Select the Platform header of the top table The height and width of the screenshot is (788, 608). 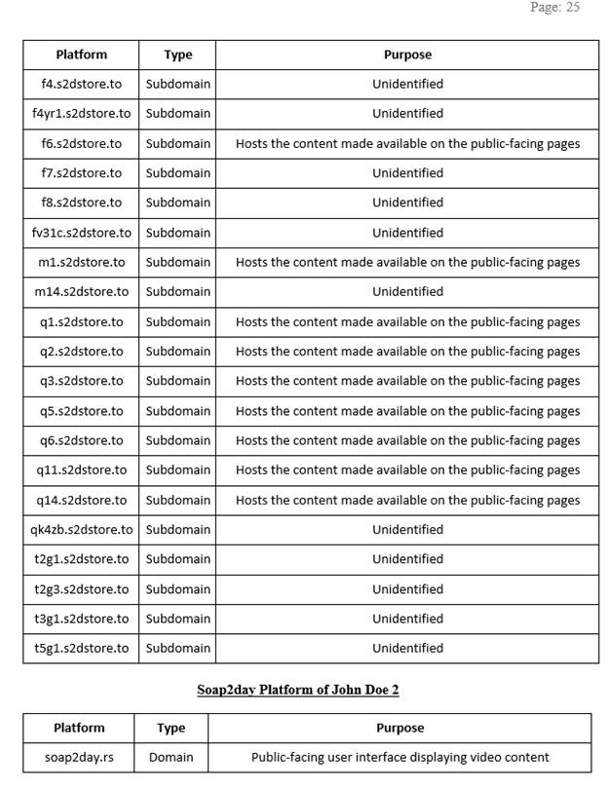pyautogui.click(x=81, y=55)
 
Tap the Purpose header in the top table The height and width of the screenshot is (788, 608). pyautogui.click(x=407, y=55)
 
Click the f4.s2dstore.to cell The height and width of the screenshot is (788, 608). pyautogui.click(x=81, y=84)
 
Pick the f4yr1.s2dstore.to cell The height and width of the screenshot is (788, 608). pyautogui.click(x=81, y=113)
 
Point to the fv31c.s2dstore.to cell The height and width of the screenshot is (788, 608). pyautogui.click(x=81, y=233)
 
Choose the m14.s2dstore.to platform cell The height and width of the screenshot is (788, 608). pyautogui.click(x=81, y=291)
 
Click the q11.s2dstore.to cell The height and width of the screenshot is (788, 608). pyautogui.click(x=81, y=469)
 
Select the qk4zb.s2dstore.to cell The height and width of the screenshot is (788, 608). pyautogui.click(x=81, y=529)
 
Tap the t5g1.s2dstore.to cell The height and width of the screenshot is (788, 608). pyautogui.click(x=81, y=648)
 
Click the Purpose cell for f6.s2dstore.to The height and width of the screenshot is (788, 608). pyautogui.click(x=407, y=143)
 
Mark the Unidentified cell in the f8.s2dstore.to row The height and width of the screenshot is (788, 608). pyautogui.click(x=407, y=203)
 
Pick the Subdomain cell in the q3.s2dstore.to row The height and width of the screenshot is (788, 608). pyautogui.click(x=177, y=381)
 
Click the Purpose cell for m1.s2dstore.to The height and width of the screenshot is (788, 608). pyautogui.click(x=407, y=262)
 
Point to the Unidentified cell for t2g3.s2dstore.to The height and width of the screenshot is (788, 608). pyautogui.click(x=407, y=589)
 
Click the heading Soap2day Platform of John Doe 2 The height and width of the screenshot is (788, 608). pyautogui.click(x=297, y=690)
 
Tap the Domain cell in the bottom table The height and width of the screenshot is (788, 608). pyautogui.click(x=171, y=757)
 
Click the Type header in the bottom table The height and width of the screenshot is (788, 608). pyautogui.click(x=171, y=728)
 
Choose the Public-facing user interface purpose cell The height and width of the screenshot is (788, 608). pyautogui.click(x=399, y=757)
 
